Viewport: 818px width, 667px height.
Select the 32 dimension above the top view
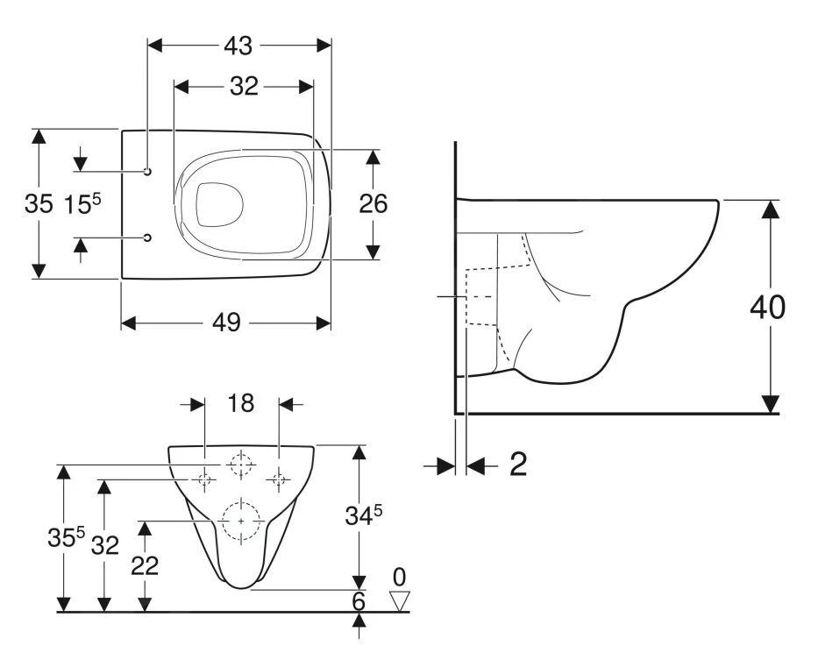coord(244,86)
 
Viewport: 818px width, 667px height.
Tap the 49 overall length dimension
coord(226,323)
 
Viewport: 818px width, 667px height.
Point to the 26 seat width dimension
coord(373,203)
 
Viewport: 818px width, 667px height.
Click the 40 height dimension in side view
coord(768,308)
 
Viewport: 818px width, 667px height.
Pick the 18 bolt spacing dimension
coord(241,403)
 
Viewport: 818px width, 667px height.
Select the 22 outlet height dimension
coord(146,565)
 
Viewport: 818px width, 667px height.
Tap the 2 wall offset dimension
coord(518,465)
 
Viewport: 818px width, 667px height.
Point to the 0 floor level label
coord(400,576)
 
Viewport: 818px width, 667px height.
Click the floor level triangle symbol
coord(400,600)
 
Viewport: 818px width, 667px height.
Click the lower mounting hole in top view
coord(147,238)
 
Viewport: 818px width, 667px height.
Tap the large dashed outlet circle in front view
coord(241,521)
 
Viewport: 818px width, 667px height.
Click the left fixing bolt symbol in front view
coord(204,479)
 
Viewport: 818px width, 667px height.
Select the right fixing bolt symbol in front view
coord(280,479)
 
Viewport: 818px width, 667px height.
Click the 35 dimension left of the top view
coord(38,204)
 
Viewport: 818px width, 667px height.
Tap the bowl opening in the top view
coord(219,204)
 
